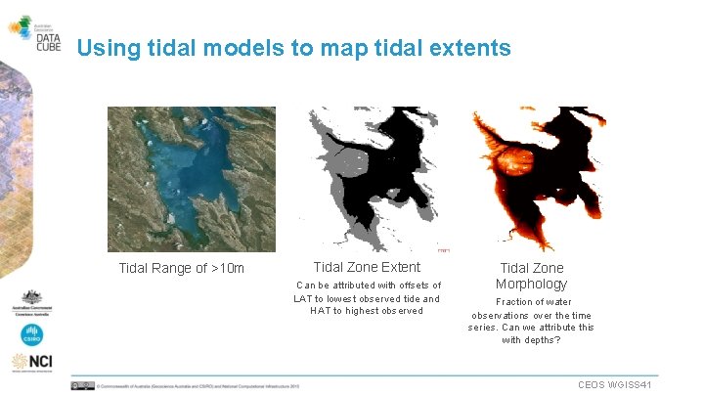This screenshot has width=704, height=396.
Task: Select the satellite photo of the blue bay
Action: tap(191, 179)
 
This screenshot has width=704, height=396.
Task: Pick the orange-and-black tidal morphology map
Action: tap(533, 179)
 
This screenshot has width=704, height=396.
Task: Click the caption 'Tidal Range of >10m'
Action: tap(181, 268)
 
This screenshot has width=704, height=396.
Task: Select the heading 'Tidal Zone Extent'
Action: tap(367, 267)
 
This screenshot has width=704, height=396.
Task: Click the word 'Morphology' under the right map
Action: tap(531, 284)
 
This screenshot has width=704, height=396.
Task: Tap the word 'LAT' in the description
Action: tap(303, 298)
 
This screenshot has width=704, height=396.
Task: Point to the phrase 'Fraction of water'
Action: tap(533, 302)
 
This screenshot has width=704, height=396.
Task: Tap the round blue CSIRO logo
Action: tap(32, 334)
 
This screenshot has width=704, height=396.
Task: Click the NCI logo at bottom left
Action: tap(32, 363)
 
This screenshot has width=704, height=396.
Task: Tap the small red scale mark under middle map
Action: tap(443, 251)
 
